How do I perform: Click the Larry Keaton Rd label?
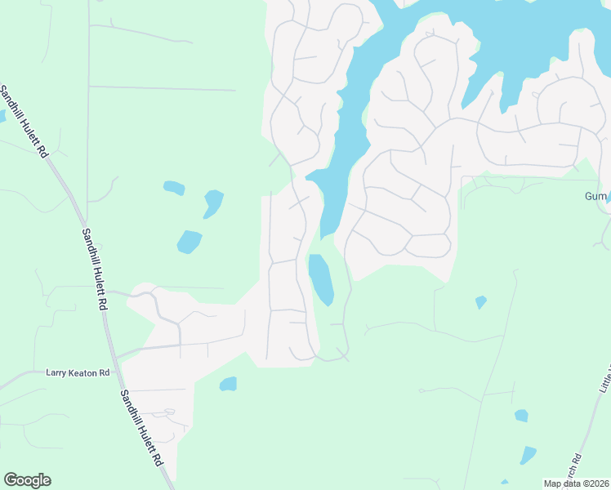pyautogui.click(x=78, y=373)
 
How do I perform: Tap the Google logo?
pyautogui.click(x=28, y=480)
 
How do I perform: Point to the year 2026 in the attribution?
pyautogui.click(x=597, y=483)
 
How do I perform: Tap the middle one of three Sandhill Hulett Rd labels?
pyautogui.click(x=95, y=268)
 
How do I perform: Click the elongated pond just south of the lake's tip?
pyautogui.click(x=320, y=278)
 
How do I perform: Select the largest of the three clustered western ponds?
pyautogui.click(x=190, y=242)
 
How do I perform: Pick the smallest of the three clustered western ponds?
pyautogui.click(x=174, y=188)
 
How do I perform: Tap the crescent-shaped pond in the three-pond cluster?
pyautogui.click(x=213, y=203)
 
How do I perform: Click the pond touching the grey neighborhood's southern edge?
pyautogui.click(x=228, y=384)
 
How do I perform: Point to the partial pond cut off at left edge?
pyautogui.click(x=2, y=116)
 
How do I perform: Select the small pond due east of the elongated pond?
pyautogui.click(x=480, y=302)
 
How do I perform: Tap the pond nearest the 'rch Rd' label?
pyautogui.click(x=528, y=455)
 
